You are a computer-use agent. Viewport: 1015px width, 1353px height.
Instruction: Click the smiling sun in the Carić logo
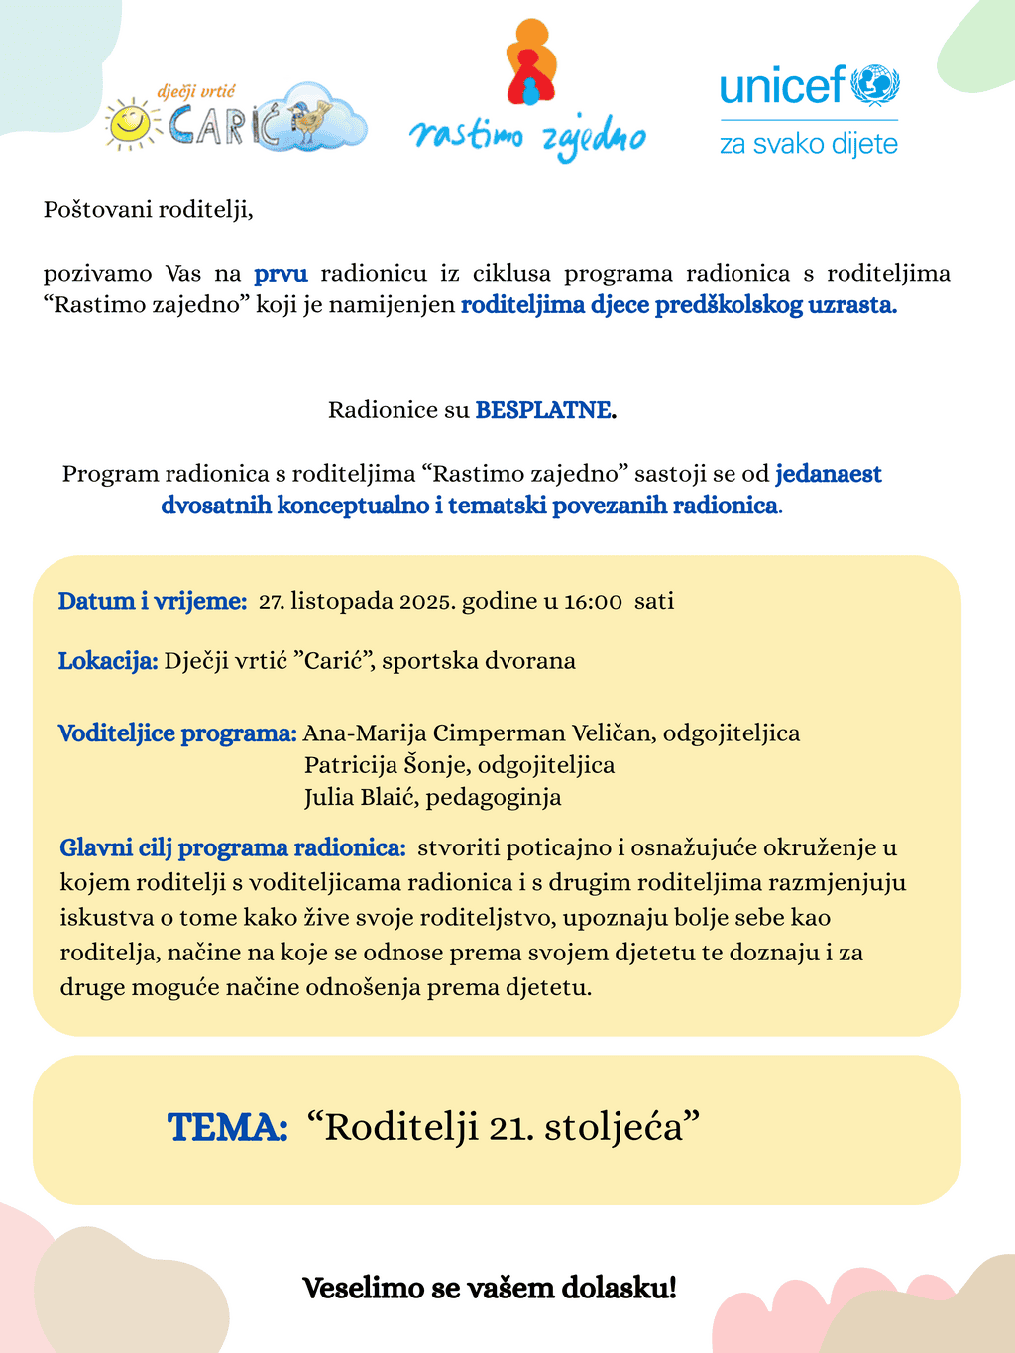click(x=129, y=123)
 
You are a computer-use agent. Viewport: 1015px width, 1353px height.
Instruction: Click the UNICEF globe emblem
click(x=875, y=85)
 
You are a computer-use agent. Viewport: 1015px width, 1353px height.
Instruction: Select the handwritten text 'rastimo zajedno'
click(x=527, y=138)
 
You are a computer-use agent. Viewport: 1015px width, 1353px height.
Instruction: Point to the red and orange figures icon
click(x=531, y=62)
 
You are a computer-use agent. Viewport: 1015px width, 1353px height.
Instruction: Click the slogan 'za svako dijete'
click(x=808, y=145)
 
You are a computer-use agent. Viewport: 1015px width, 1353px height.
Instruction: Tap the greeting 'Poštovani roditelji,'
click(x=149, y=210)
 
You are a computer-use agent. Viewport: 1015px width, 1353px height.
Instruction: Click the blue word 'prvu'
click(x=281, y=274)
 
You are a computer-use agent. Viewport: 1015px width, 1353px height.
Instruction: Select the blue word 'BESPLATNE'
click(x=543, y=410)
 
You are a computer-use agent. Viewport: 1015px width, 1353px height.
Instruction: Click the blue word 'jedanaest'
click(x=829, y=474)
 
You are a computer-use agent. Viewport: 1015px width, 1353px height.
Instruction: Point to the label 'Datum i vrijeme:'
click(x=153, y=601)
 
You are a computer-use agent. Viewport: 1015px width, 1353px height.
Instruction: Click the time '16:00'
click(x=593, y=602)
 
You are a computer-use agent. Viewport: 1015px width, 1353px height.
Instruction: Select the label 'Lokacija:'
click(x=108, y=661)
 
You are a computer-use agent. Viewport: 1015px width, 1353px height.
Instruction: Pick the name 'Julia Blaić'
click(x=361, y=797)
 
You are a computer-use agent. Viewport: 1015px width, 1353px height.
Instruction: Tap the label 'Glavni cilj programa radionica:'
click(x=233, y=848)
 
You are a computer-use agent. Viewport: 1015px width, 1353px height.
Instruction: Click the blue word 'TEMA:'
click(x=228, y=1128)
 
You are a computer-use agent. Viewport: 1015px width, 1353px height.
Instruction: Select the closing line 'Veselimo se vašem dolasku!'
click(x=490, y=1289)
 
